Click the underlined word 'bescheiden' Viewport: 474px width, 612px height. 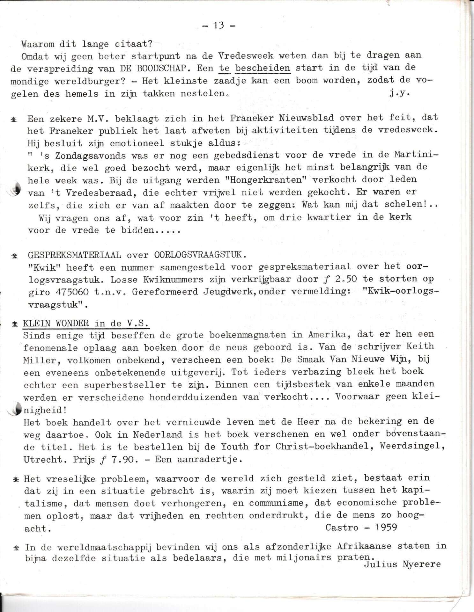(x=263, y=68)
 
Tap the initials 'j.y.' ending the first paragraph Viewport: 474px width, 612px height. (x=399, y=94)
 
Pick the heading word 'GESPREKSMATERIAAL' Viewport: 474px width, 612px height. (x=74, y=255)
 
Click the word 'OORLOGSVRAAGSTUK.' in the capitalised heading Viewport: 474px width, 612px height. (x=200, y=255)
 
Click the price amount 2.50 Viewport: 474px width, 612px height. (x=344, y=279)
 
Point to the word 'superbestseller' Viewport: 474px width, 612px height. (x=125, y=385)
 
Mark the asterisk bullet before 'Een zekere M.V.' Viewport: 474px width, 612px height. (x=14, y=119)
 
